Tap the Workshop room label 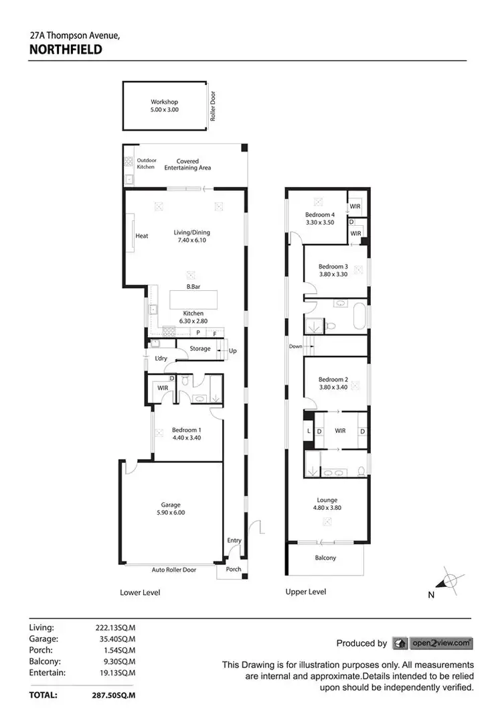pos(164,103)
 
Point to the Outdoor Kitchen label pos(146,164)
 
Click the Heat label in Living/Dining pos(141,236)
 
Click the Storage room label pos(200,348)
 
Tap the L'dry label pos(160,359)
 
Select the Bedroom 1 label pos(186,430)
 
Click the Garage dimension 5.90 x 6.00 pos(171,513)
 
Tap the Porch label pos(233,570)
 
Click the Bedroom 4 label pos(319,214)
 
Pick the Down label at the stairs pos(295,346)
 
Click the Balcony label pos(325,558)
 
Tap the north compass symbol pos(450,581)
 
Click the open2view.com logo pos(432,643)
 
